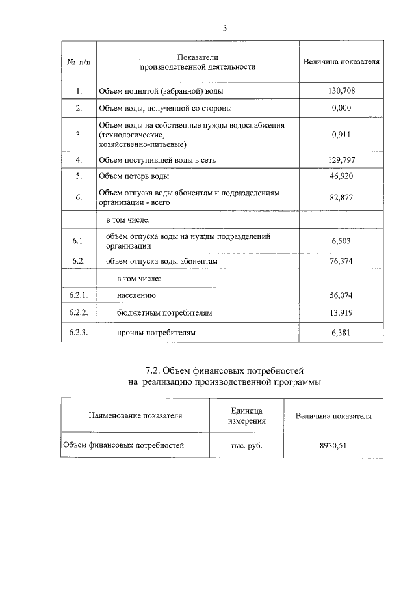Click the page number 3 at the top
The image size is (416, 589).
tap(225, 28)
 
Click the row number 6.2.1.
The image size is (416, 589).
tap(79, 295)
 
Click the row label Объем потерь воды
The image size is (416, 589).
tap(134, 176)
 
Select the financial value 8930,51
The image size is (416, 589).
tap(333, 446)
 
